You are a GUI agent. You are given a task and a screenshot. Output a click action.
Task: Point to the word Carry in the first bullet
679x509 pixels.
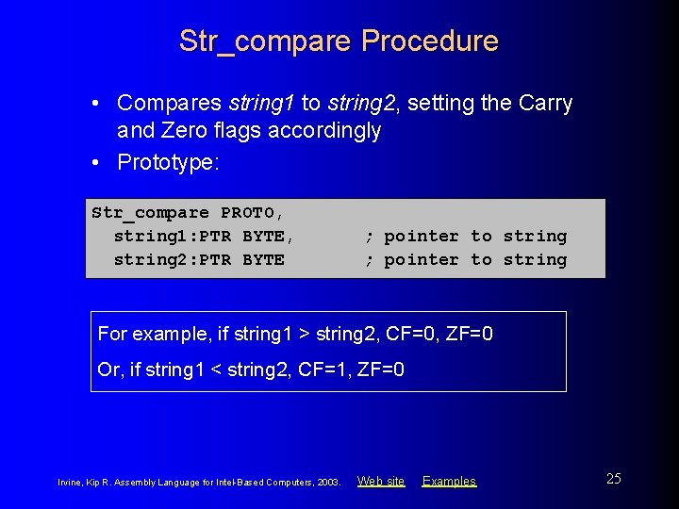(x=545, y=103)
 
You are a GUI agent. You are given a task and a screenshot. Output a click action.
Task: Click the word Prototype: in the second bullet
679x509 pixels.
(x=168, y=162)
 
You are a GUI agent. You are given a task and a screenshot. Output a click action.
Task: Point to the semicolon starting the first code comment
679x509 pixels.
(x=370, y=237)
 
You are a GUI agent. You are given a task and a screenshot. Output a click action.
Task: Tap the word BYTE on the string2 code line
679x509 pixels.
(x=263, y=260)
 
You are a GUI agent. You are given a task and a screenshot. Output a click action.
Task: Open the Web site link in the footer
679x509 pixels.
(x=381, y=481)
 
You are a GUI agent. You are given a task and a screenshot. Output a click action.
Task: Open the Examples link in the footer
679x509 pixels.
(x=449, y=481)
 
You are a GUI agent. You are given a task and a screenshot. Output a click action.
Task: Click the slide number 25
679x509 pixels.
(x=613, y=479)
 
